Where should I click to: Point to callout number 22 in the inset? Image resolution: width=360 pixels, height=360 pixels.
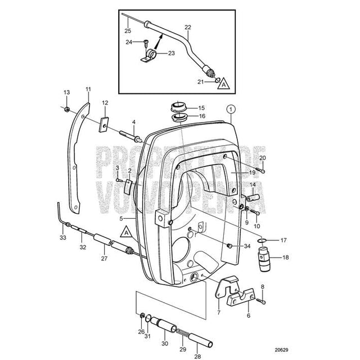coord(187,26)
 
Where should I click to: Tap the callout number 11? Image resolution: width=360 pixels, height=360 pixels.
coord(88,89)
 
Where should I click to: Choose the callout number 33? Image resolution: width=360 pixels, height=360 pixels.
coord(62,238)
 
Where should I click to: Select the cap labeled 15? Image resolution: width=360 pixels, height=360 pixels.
coord(179,106)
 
